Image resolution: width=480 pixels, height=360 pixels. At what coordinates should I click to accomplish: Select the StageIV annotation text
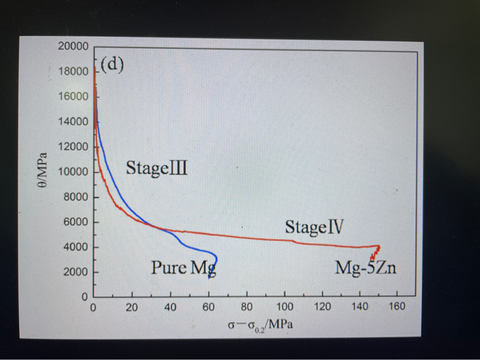(x=315, y=227)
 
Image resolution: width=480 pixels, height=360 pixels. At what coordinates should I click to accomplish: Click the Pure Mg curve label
(x=183, y=267)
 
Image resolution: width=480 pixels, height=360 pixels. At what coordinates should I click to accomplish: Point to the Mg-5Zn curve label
(x=365, y=267)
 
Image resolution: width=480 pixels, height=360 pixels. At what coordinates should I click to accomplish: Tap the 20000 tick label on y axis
(x=73, y=47)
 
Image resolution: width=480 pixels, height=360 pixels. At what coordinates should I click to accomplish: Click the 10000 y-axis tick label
(x=73, y=172)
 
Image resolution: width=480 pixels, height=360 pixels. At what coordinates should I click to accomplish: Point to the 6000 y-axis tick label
(x=76, y=223)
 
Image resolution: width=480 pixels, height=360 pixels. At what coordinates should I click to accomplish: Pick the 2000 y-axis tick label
(x=76, y=272)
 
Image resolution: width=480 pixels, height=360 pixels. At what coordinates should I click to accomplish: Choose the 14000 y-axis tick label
(x=73, y=122)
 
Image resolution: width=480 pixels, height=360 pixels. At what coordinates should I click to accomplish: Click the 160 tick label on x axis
(x=397, y=307)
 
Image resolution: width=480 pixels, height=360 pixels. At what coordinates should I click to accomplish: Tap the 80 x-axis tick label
(x=246, y=307)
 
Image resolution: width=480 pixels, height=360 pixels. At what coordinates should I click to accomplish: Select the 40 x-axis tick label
(x=170, y=307)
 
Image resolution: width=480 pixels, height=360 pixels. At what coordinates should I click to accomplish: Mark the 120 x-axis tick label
(x=322, y=307)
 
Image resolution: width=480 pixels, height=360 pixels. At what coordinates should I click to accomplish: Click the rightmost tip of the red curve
(x=380, y=247)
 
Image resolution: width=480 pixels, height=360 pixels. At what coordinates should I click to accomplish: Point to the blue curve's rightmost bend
(x=217, y=258)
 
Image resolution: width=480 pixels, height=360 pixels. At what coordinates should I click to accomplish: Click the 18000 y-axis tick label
(x=73, y=72)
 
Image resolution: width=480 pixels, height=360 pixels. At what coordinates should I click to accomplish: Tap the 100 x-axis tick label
(x=284, y=307)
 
